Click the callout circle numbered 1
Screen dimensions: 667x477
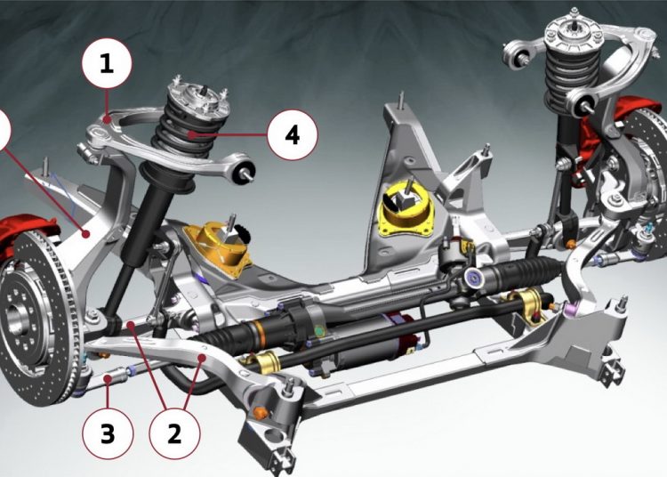[107, 63]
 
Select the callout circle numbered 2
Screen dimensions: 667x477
[174, 433]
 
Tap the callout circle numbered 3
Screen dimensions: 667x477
[108, 433]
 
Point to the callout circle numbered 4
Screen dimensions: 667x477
[293, 135]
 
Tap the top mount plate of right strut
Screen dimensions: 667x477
[575, 32]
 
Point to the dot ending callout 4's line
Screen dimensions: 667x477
[193, 134]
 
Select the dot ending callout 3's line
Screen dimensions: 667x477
[108, 377]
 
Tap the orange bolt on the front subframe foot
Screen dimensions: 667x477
[261, 412]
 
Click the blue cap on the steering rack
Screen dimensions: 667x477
[472, 278]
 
